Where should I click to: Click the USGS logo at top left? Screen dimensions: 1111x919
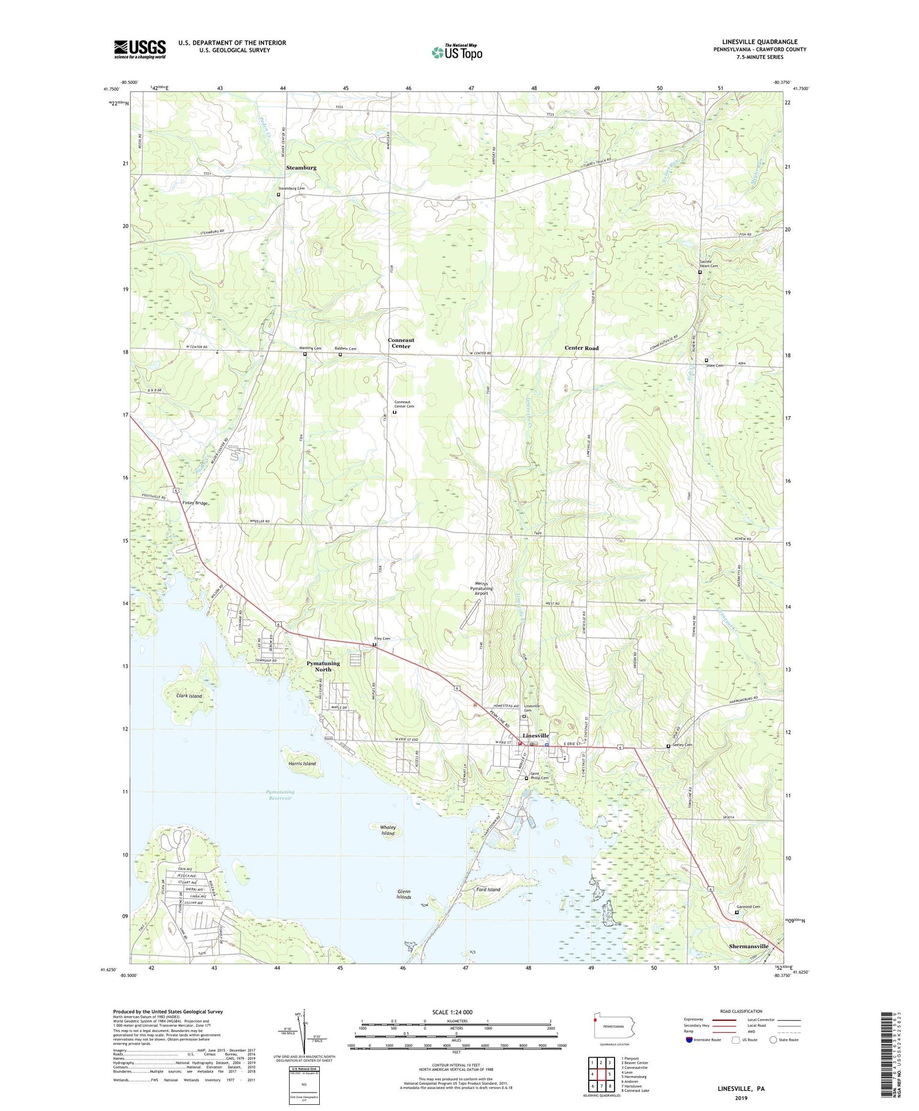[x=140, y=50]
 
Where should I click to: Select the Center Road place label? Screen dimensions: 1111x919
[x=581, y=348]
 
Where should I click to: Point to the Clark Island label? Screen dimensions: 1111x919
[x=189, y=696]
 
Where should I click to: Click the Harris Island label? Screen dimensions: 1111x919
[x=302, y=764]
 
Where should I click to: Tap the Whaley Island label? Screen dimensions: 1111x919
[x=388, y=830]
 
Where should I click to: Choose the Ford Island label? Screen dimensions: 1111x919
[x=488, y=889]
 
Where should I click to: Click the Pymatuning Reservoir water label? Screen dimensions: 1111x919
[x=280, y=795]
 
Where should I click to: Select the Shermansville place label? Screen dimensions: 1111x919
[x=749, y=946]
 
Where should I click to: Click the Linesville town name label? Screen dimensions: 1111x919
[x=535, y=735]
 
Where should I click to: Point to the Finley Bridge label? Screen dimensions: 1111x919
[x=195, y=503]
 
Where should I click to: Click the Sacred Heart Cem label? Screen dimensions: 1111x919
[x=709, y=264]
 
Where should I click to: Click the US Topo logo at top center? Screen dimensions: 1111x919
[x=457, y=53]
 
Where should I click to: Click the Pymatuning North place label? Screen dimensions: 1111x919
[x=323, y=666]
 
